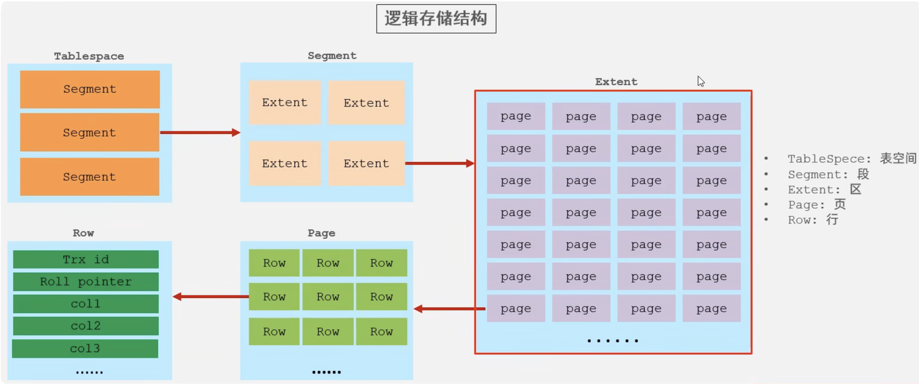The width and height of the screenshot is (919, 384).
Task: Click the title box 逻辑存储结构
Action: pos(436,19)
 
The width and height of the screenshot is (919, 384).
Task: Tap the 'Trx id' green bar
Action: pos(86,259)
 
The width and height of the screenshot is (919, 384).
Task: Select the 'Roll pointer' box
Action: pos(86,282)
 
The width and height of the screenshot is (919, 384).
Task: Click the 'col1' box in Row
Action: pos(86,304)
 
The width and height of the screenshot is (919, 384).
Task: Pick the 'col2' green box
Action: pos(86,326)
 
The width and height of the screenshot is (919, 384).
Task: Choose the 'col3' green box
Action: pos(85,348)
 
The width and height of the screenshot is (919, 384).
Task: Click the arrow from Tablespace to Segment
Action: pos(200,133)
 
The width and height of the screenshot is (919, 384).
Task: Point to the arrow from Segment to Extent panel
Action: pos(440,163)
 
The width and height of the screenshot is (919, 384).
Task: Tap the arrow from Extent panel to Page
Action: pos(449,309)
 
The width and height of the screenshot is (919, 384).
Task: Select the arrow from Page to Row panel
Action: pos(211,297)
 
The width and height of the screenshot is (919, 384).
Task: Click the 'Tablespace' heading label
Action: pos(89,56)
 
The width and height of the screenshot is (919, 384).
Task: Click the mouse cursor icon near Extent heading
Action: pos(701,81)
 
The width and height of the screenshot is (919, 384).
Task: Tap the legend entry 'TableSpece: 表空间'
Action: pos(852,159)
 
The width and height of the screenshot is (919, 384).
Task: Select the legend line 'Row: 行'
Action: pos(813,220)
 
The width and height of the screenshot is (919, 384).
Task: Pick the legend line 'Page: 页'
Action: pos(817,204)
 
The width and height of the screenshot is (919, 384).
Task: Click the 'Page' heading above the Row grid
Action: pos(321,233)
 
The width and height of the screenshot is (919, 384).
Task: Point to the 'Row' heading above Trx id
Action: pos(83,233)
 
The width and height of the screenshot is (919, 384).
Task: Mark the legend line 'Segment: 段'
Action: pos(828,174)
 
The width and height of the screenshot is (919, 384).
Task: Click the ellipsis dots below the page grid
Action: pos(613,341)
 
